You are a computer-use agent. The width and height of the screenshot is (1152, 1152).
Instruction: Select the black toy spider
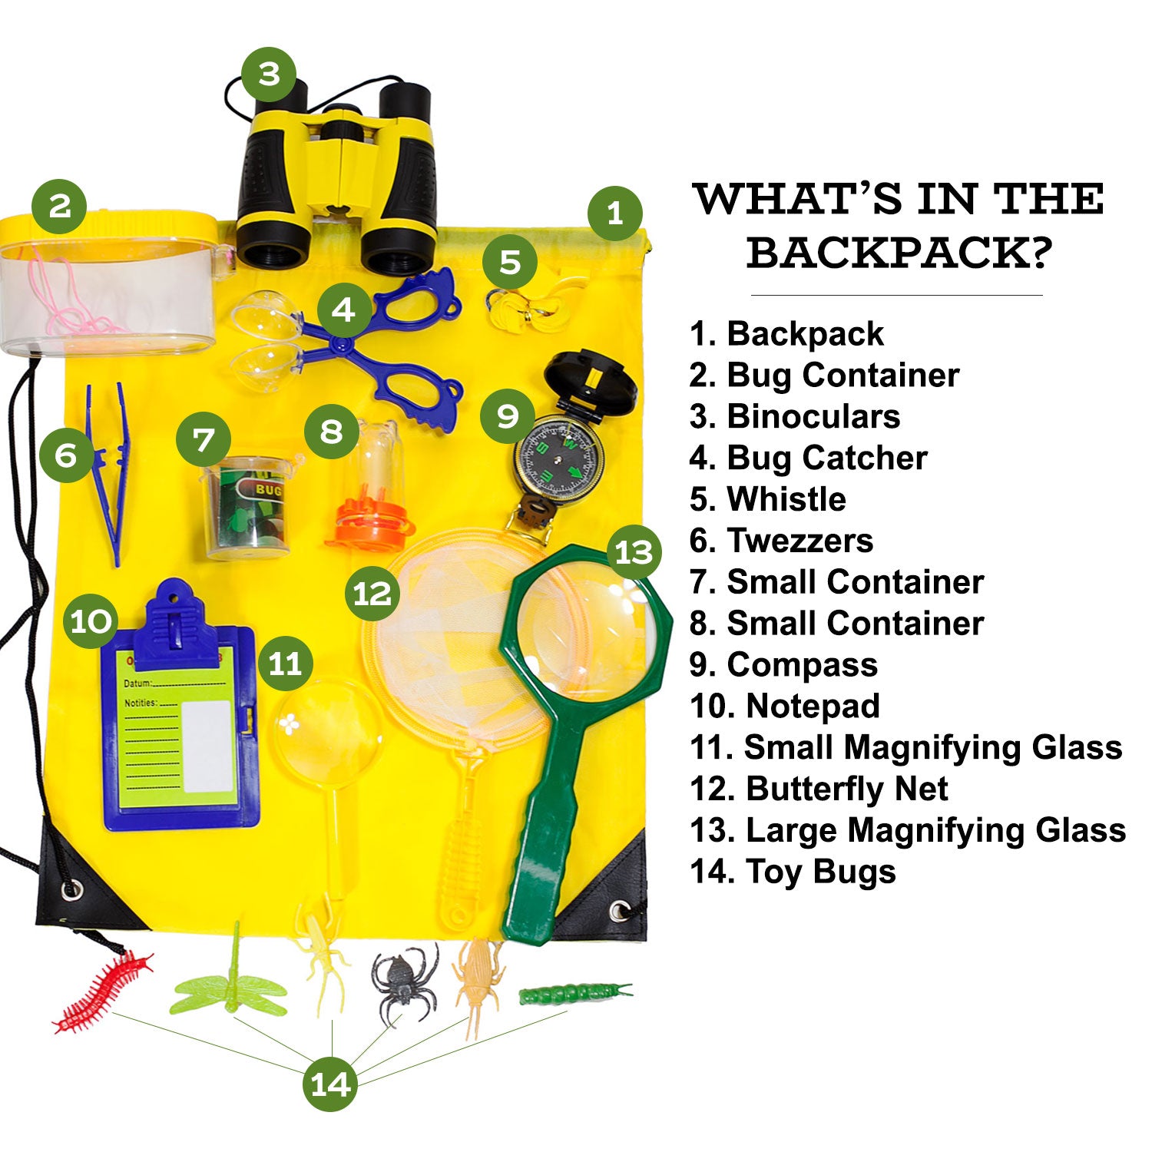coord(400,982)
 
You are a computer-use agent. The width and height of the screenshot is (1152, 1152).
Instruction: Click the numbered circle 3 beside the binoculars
coord(269,74)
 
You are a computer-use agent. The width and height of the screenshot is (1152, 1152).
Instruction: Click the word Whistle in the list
coord(786,499)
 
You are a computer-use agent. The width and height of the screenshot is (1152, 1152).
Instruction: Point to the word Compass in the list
coord(802,665)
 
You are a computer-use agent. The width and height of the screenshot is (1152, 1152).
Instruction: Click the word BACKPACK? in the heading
coord(898,253)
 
